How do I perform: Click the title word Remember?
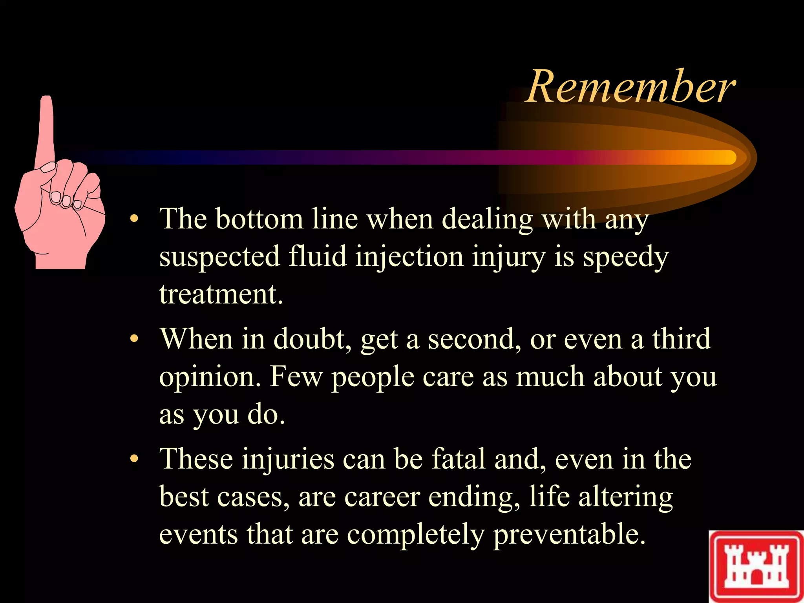(630, 87)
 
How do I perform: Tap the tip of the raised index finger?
(47, 100)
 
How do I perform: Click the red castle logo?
(756, 566)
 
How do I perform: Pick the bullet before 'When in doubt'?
(135, 339)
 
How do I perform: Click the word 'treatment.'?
(221, 294)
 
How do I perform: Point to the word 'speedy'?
(625, 258)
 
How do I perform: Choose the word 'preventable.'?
(569, 535)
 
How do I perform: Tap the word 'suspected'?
(219, 258)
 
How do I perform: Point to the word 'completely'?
(416, 535)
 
